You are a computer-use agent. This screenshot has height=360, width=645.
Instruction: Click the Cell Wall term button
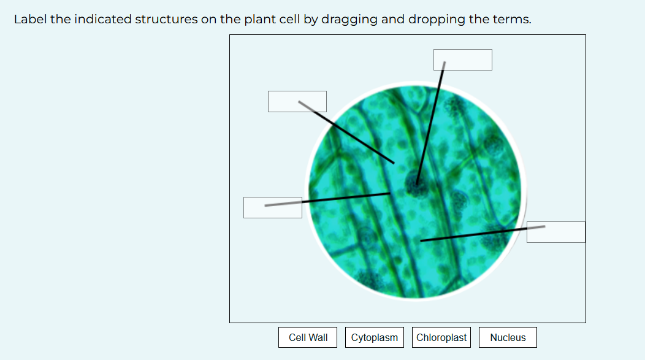click(308, 337)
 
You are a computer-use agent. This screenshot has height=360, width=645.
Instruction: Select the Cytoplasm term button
click(375, 337)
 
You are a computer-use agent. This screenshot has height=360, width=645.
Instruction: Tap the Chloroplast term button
click(441, 337)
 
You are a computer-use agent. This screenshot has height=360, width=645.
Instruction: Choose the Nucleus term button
click(508, 337)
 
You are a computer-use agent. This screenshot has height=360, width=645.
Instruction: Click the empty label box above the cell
click(463, 59)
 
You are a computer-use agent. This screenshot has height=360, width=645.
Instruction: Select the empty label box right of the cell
click(555, 232)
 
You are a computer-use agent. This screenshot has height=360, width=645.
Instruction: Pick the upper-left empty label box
click(297, 101)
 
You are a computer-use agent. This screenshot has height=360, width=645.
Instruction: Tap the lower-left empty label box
click(273, 207)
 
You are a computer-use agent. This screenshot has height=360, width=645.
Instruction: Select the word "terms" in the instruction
click(512, 20)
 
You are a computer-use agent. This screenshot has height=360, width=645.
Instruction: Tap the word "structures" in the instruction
click(166, 20)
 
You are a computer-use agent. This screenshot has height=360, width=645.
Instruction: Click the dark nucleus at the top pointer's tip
click(416, 184)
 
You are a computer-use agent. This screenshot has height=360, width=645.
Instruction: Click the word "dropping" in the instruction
click(437, 20)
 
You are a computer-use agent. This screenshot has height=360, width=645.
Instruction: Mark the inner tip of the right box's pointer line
click(421, 240)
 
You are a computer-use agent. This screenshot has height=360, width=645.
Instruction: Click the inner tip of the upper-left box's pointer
click(394, 163)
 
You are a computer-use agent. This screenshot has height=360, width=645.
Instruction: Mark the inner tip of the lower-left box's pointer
click(389, 193)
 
